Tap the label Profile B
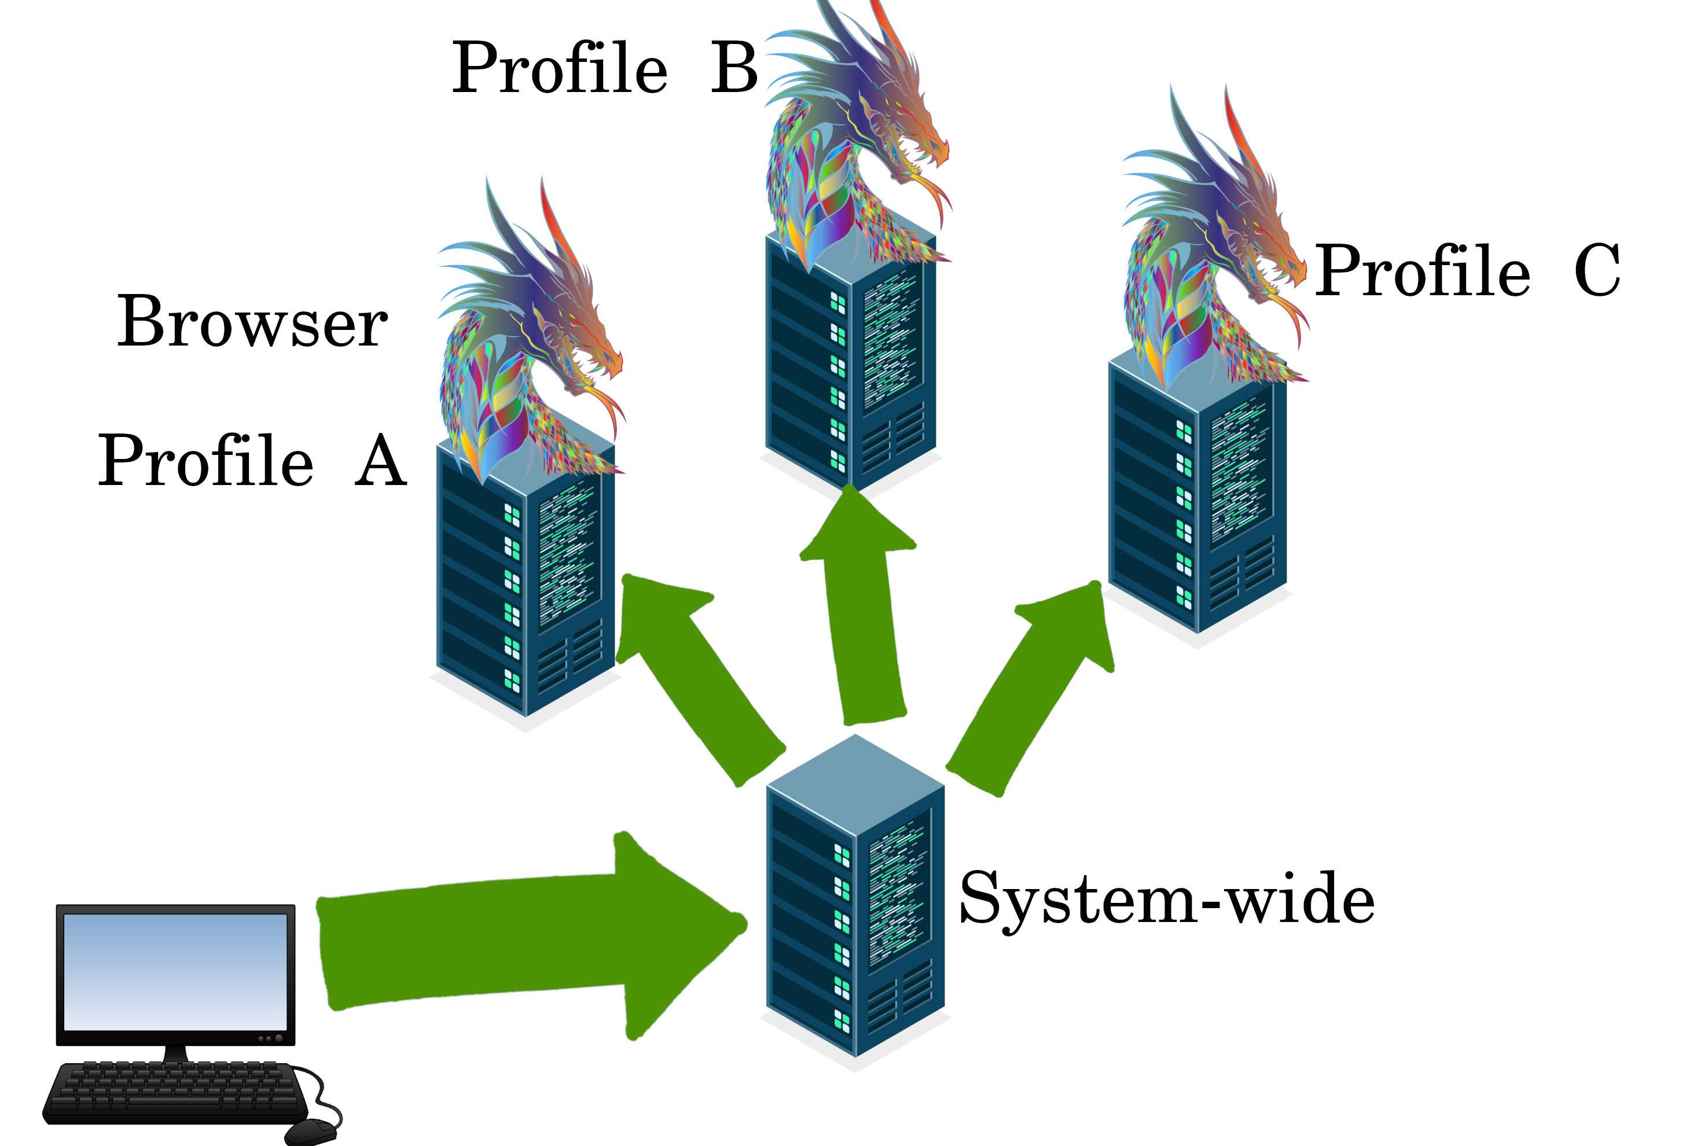coord(604,68)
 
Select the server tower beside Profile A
coord(525,589)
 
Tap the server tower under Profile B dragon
coord(851,363)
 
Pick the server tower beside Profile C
coord(1197,502)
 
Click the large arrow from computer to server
coord(524,938)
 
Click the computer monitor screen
coord(175,971)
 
